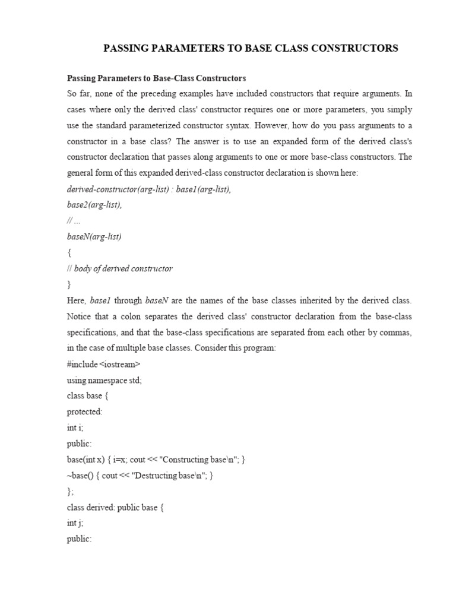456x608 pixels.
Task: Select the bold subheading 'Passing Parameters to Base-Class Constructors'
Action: coord(156,78)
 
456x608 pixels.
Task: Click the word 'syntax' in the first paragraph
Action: coord(255,125)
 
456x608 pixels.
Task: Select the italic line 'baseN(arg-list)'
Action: coord(94,236)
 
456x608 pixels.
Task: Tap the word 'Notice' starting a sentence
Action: coord(80,316)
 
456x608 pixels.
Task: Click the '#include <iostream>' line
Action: coord(104,364)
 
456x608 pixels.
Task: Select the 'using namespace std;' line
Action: coord(104,380)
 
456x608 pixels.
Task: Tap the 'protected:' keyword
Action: coord(85,411)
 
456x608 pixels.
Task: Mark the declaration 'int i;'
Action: coord(75,427)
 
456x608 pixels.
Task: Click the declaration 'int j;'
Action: coord(75,523)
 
